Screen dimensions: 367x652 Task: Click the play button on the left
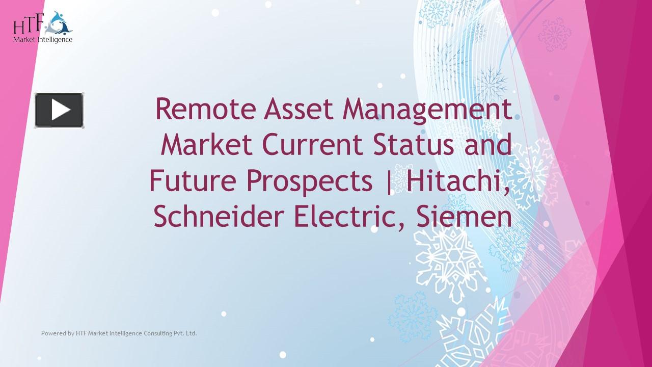click(59, 110)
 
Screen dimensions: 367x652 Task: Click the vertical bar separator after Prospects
click(390, 181)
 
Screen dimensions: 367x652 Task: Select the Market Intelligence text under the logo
click(43, 39)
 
